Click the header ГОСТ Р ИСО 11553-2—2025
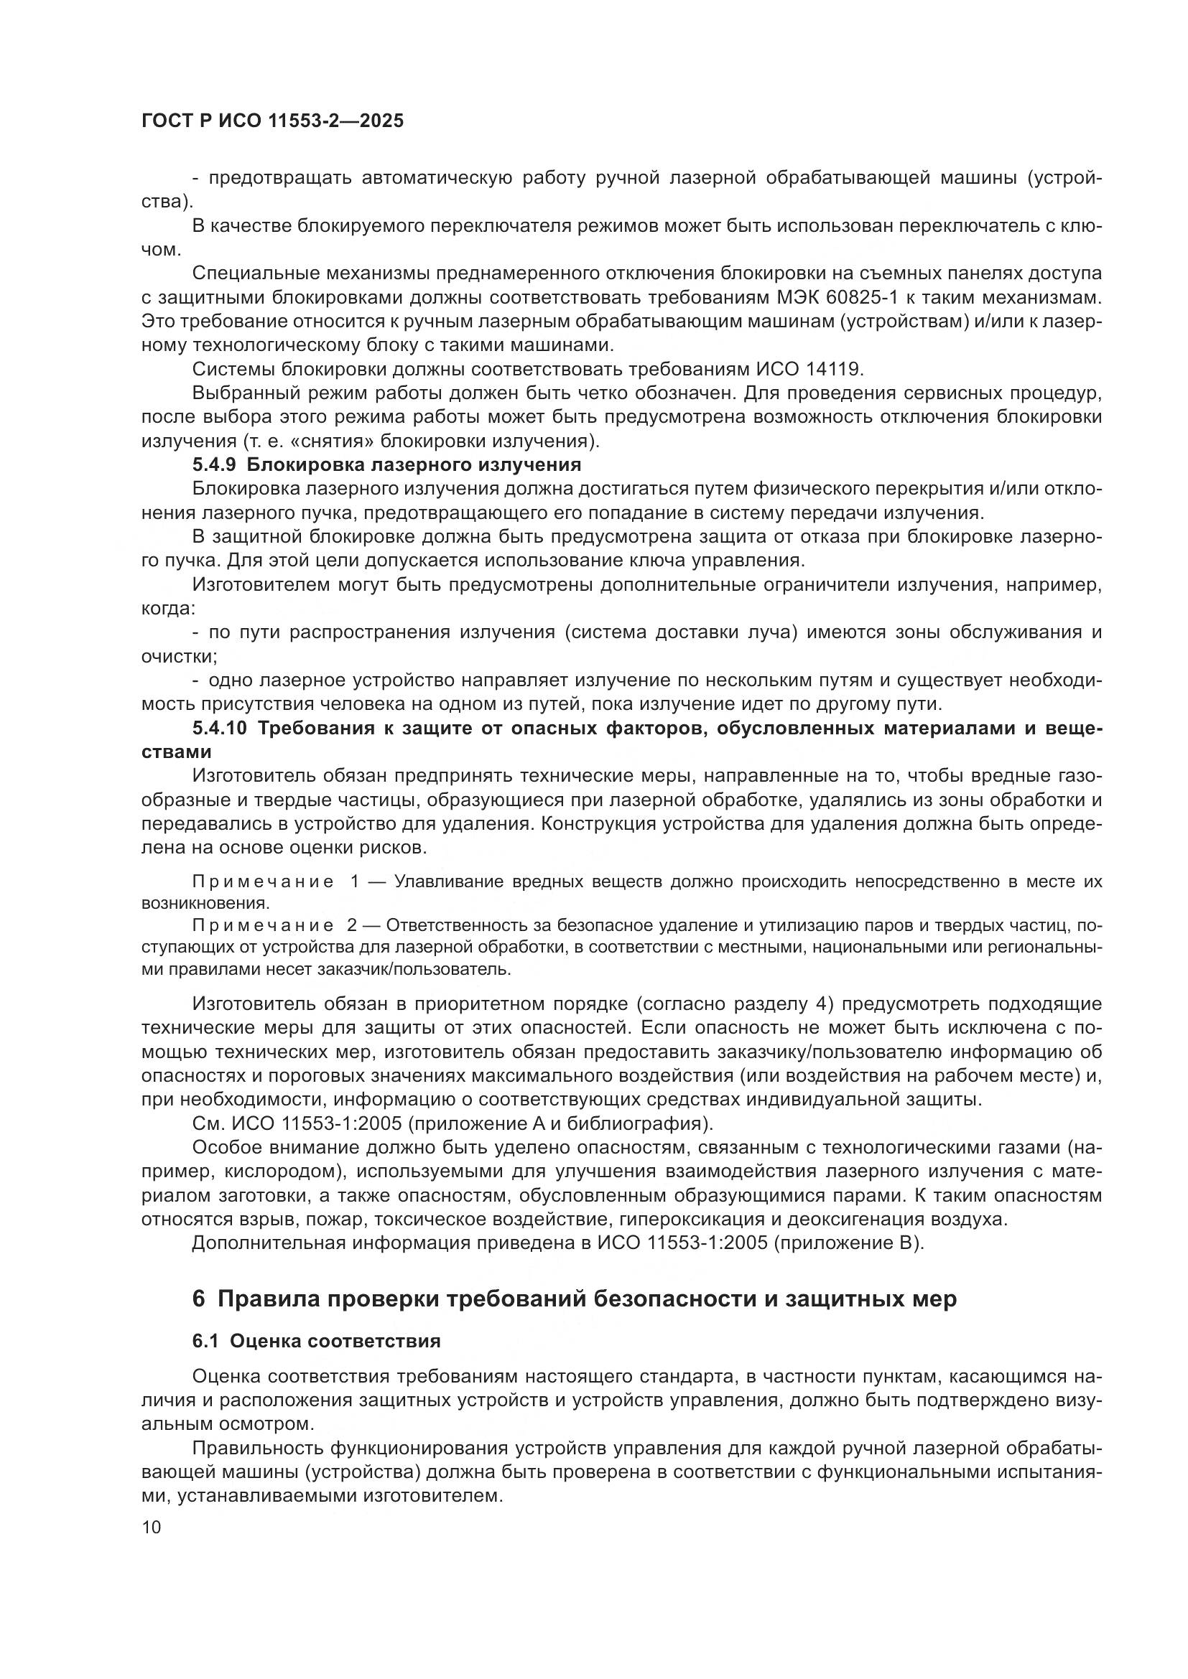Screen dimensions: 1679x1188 tap(272, 121)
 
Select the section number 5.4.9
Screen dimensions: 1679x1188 tap(213, 465)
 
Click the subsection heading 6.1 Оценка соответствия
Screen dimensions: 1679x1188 tap(316, 1341)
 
